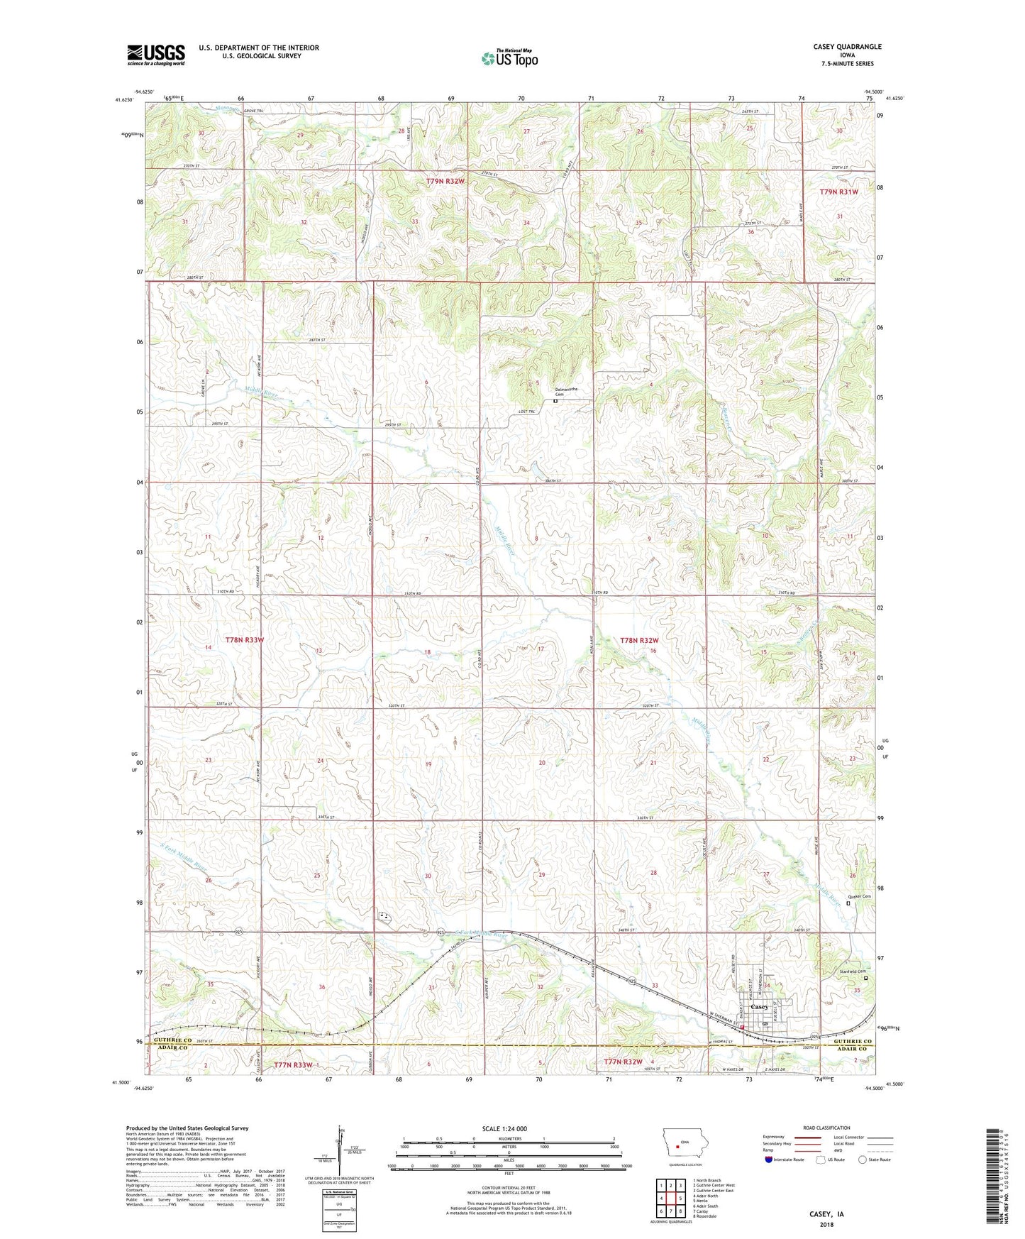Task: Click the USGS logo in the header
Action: pyautogui.click(x=155, y=55)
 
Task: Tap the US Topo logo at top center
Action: pyautogui.click(x=509, y=58)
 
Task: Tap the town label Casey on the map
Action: pyautogui.click(x=760, y=1007)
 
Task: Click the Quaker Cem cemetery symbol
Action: pyautogui.click(x=848, y=903)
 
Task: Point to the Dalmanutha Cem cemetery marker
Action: pyautogui.click(x=555, y=401)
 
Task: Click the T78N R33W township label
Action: pyautogui.click(x=245, y=639)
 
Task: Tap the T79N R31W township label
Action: pyautogui.click(x=838, y=192)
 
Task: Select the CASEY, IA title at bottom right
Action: pyautogui.click(x=826, y=1214)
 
